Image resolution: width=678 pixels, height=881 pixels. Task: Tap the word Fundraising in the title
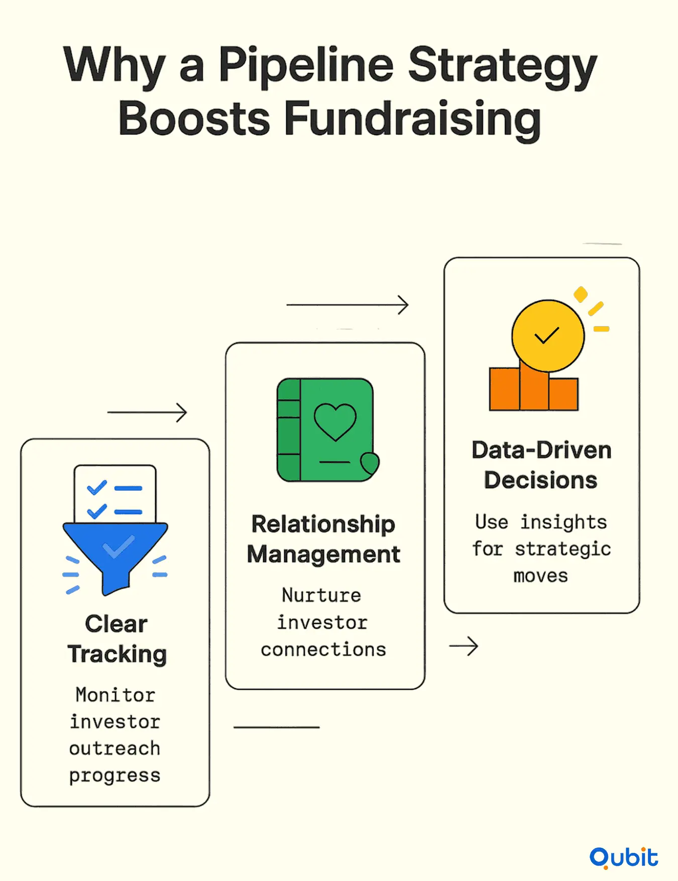[x=413, y=119]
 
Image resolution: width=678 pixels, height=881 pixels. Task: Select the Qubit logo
[x=624, y=857]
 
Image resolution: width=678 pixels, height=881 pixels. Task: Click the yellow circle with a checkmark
[x=548, y=336]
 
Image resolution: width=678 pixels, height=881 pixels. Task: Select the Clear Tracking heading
[x=117, y=639]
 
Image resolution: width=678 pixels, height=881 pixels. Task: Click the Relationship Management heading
[x=323, y=539]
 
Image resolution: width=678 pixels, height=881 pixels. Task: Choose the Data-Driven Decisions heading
[x=541, y=465]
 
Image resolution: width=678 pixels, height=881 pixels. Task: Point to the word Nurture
[x=321, y=595]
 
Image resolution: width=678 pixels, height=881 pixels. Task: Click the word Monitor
[x=116, y=695]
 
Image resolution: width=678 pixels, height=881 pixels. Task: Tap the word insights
[x=563, y=522]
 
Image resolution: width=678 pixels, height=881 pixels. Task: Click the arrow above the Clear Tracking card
[x=147, y=413]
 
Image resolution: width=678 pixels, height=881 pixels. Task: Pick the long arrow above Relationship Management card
[x=348, y=305]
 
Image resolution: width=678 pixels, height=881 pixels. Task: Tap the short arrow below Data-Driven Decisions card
[x=464, y=646]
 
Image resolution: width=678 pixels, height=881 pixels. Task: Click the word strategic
[x=563, y=549]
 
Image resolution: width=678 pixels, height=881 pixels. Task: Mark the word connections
[x=323, y=649]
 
